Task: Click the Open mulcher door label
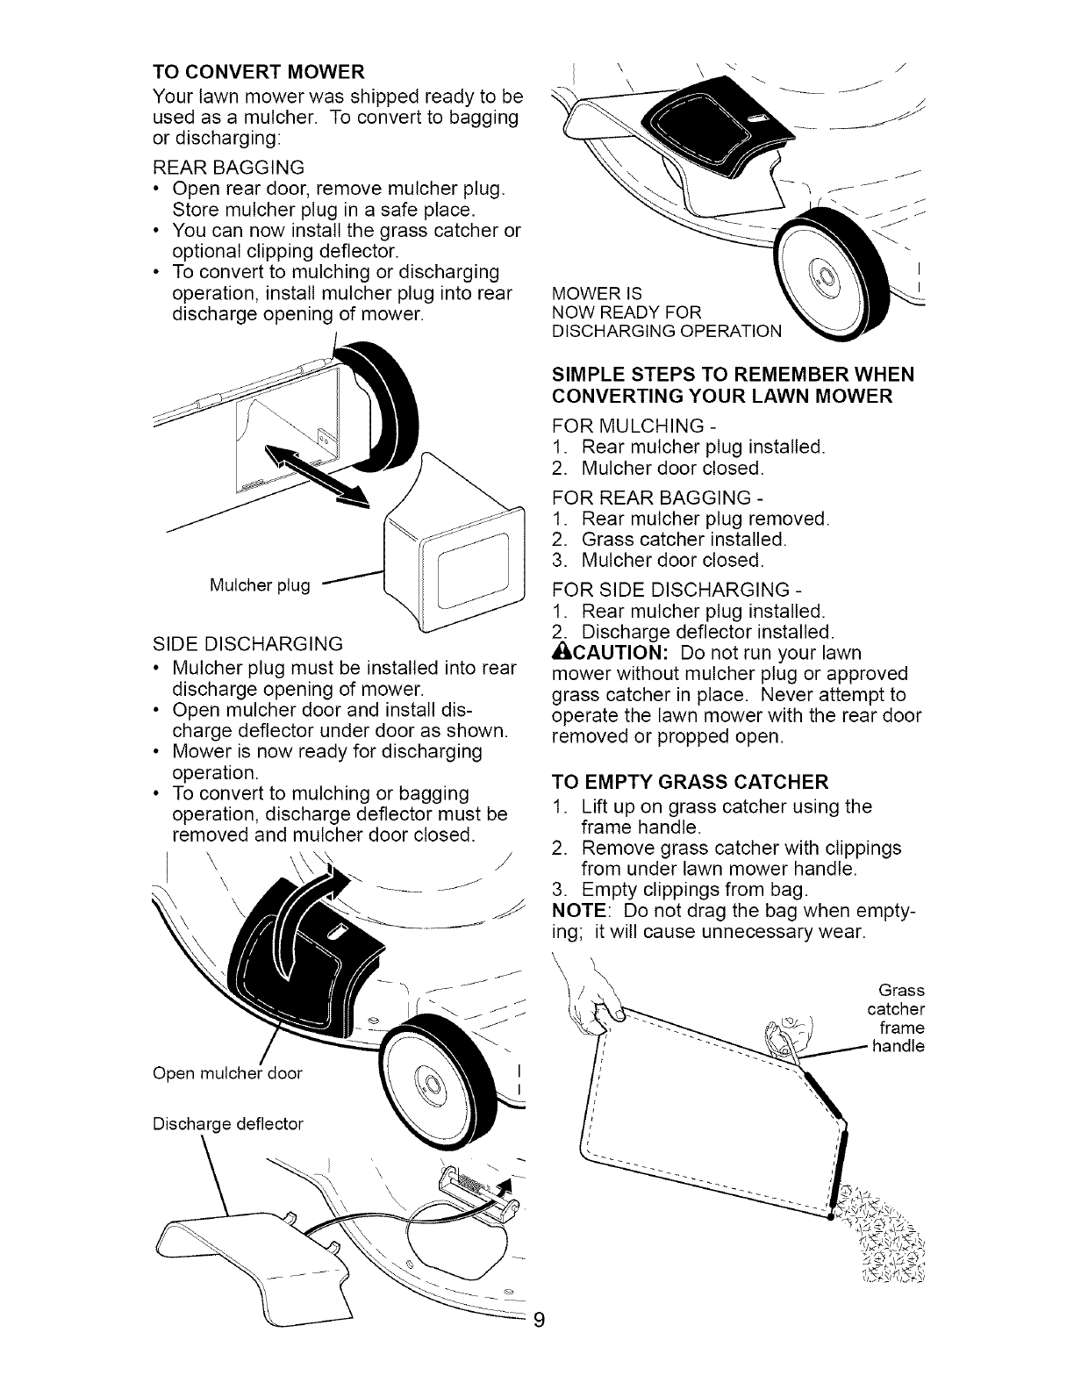(x=227, y=1073)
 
